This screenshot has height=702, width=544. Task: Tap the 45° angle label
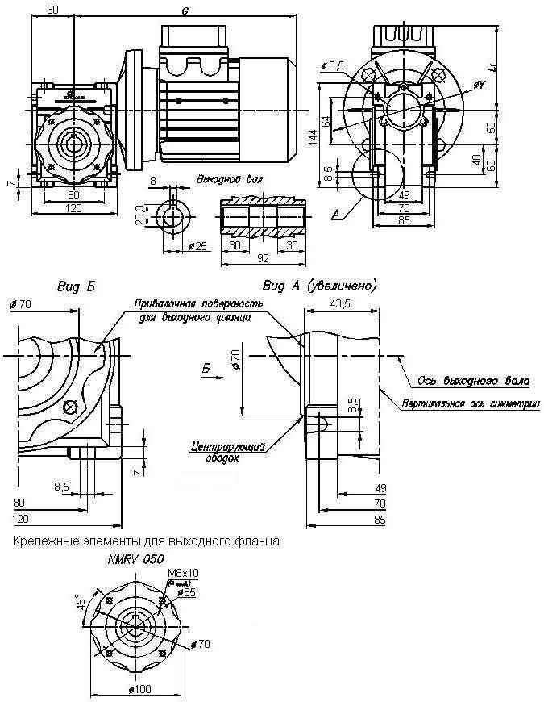(x=79, y=604)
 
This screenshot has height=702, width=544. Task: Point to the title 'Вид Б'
(x=73, y=286)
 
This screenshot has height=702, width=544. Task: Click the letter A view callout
(x=334, y=215)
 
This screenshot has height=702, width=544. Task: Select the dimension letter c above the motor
(x=185, y=10)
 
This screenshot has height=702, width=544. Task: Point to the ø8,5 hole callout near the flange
(x=332, y=64)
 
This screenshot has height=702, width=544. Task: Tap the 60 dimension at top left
(x=52, y=10)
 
